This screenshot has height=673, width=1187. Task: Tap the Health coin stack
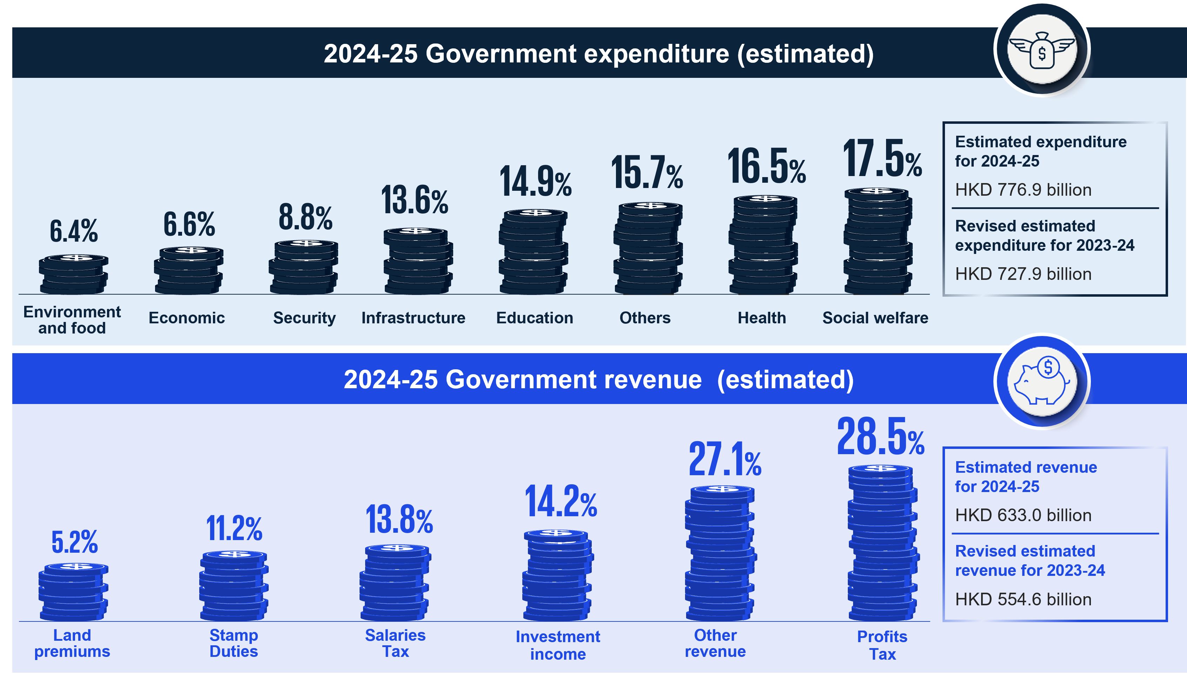(x=764, y=245)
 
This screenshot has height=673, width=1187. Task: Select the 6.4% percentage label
(x=74, y=231)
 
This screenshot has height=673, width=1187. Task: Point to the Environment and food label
(x=72, y=320)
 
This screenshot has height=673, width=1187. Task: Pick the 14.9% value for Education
(x=535, y=181)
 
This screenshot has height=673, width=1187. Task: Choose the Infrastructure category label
(x=413, y=318)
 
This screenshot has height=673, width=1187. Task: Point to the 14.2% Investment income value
(x=560, y=502)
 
